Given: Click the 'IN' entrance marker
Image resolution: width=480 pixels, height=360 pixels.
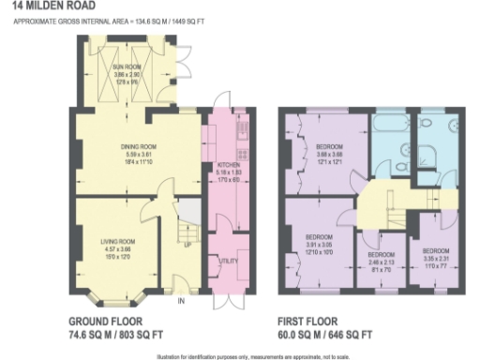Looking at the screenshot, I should click(183, 301).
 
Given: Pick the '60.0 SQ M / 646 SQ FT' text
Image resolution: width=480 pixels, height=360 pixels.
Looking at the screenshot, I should click(327, 333).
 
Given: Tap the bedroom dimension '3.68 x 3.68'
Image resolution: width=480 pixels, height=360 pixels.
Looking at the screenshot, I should click(330, 156).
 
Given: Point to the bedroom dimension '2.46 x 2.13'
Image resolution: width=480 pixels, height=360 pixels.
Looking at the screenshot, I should click(380, 261).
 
